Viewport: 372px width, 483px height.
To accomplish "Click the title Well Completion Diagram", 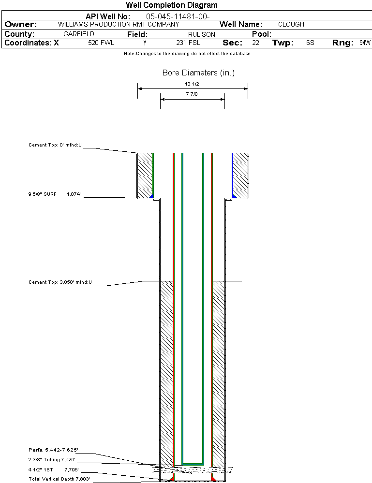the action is [x=171, y=5].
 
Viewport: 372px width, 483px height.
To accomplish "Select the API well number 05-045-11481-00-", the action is [x=178, y=16].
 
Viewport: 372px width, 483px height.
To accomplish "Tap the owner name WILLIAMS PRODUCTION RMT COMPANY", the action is [x=119, y=24].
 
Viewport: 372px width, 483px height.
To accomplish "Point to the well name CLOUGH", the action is [x=291, y=24].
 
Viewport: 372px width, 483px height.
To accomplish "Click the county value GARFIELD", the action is [x=79, y=34].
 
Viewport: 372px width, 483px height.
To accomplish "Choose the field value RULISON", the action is [x=202, y=34].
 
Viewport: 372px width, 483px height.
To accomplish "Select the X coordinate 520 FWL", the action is [x=101, y=43].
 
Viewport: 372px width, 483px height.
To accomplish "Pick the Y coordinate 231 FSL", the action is [x=188, y=43].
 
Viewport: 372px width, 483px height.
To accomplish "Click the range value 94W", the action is [x=365, y=43].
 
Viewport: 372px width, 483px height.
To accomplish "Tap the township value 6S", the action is [x=310, y=43].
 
